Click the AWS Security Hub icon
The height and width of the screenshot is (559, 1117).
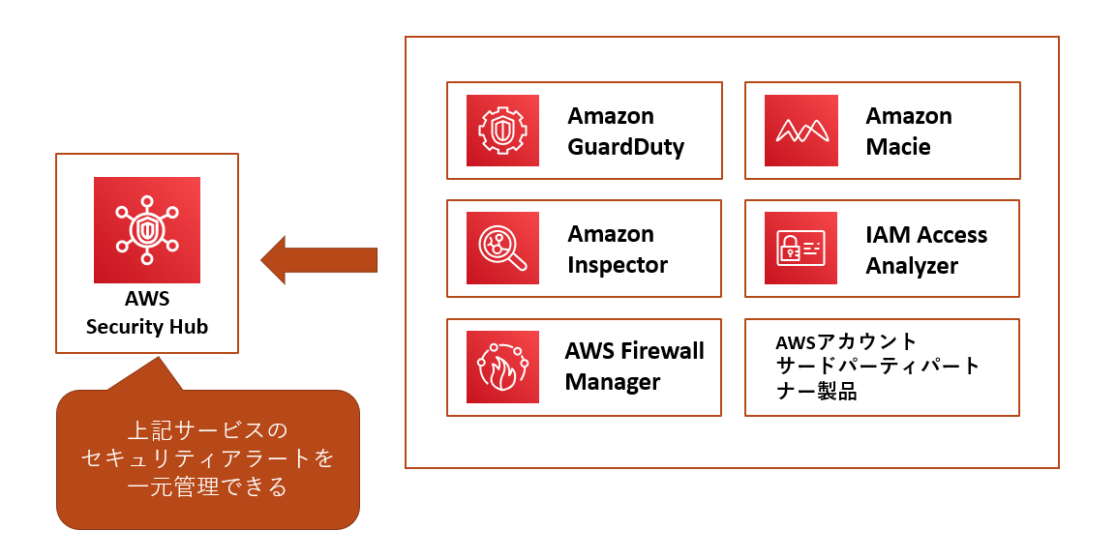(x=147, y=229)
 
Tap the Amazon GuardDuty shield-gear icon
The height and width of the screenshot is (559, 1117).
(x=502, y=131)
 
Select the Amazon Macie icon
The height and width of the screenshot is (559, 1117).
(x=800, y=131)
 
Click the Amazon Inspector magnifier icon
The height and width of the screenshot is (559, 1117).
(x=502, y=249)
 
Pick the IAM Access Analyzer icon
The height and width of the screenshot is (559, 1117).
(x=800, y=249)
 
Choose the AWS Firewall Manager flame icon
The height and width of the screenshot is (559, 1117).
(x=502, y=367)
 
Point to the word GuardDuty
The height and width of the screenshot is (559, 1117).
(x=625, y=147)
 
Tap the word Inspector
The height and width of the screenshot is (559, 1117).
(x=618, y=265)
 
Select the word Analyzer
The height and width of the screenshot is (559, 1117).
(x=911, y=266)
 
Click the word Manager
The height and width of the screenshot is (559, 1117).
(x=612, y=382)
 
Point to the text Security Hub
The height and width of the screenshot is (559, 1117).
(x=147, y=327)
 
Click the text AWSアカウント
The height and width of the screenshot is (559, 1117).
(x=846, y=342)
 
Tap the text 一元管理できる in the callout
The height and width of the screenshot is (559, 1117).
(x=208, y=486)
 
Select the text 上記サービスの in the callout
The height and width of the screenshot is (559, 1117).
(x=208, y=428)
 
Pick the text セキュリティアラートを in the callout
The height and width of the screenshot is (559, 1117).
(x=208, y=457)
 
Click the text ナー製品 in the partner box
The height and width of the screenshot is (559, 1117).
(x=817, y=393)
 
